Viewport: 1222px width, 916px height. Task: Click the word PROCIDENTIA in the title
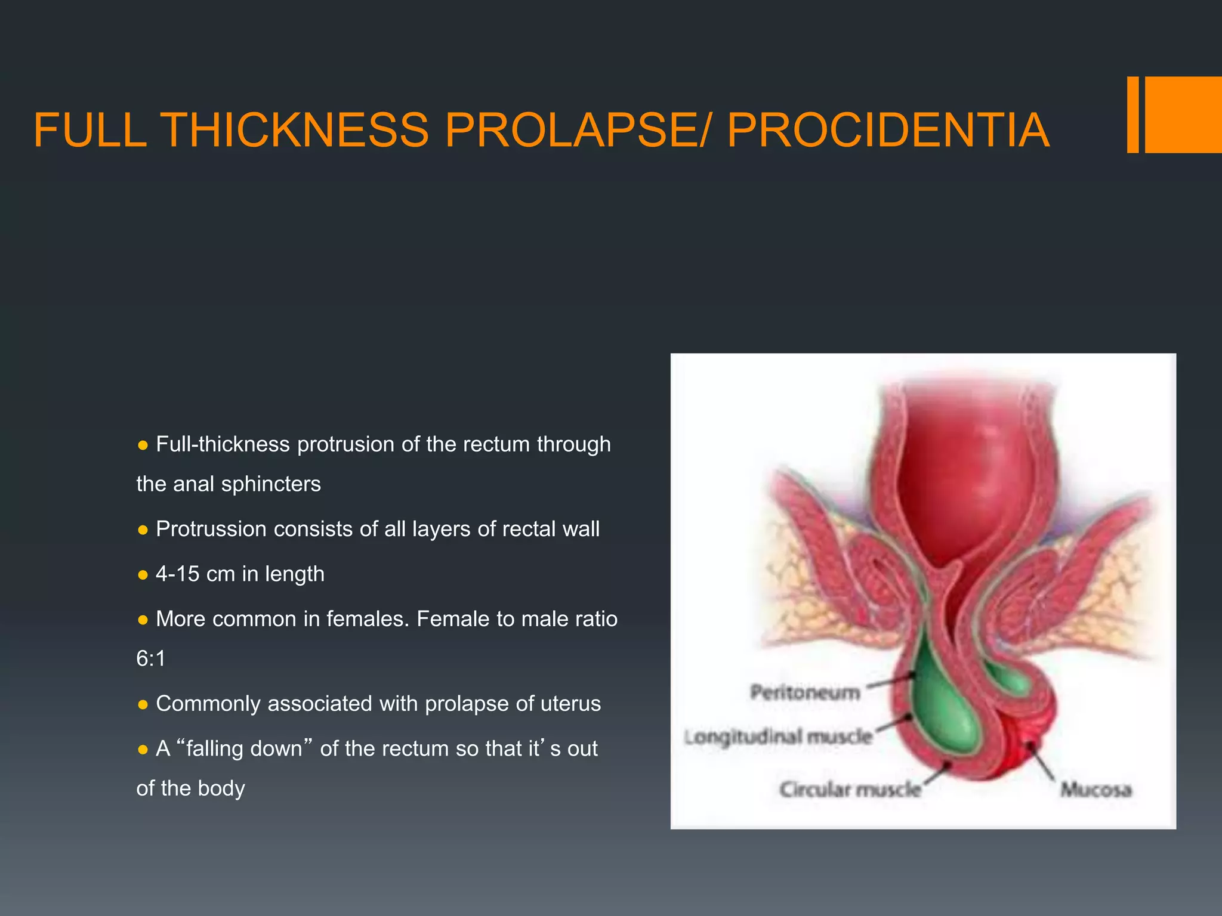pos(888,130)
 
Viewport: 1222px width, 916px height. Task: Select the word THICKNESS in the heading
pos(295,130)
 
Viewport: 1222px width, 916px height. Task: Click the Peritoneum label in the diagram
pos(805,692)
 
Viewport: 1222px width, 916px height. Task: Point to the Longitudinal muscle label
pos(778,737)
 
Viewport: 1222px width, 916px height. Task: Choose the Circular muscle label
pos(850,790)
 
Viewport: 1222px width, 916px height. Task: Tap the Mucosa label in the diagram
pos(1096,790)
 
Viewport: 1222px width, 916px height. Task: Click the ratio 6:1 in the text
pos(151,658)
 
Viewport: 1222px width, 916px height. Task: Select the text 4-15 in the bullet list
pos(177,574)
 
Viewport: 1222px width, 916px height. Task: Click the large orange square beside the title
pos(1183,114)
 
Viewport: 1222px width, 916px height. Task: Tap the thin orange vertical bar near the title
pos(1132,114)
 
